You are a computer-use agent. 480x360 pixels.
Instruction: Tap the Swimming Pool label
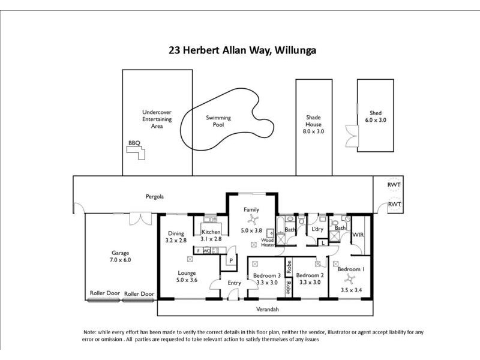[218, 122]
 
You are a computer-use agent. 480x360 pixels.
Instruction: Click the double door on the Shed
[350, 135]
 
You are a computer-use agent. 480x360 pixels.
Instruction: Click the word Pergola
[155, 196]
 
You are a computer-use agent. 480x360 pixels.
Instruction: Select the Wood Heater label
[268, 242]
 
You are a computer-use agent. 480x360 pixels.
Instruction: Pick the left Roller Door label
[103, 294]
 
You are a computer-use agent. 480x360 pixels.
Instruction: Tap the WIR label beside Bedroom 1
[358, 235]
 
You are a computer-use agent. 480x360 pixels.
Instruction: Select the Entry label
[234, 283]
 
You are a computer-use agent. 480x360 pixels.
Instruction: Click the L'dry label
[317, 229]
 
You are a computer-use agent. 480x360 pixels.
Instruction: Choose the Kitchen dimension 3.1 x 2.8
[211, 239]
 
